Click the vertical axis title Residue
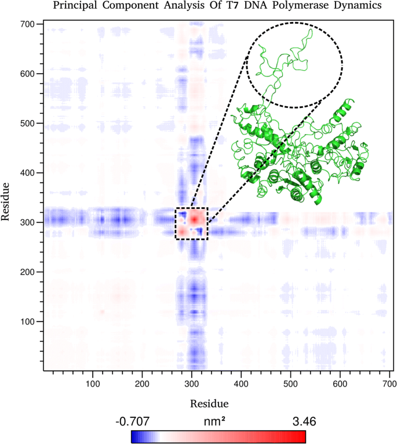(7, 200)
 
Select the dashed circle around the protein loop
(294, 64)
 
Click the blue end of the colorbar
(137, 436)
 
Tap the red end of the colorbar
(301, 436)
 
